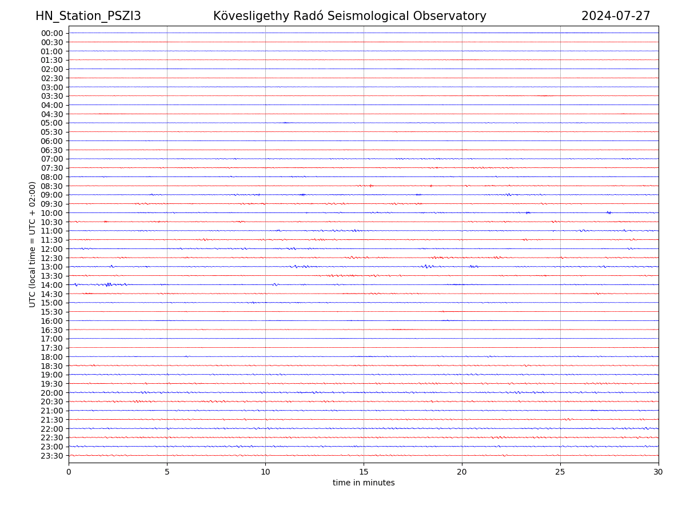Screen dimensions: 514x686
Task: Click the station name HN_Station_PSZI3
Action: (88, 17)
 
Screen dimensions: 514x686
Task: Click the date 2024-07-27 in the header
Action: (616, 17)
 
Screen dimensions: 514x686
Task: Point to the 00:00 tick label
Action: (52, 33)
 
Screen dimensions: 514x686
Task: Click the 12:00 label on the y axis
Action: (52, 249)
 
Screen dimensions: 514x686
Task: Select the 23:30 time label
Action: (52, 456)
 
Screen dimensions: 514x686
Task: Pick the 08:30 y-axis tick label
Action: (52, 186)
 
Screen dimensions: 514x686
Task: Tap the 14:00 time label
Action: (52, 285)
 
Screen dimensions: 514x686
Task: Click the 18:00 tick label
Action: (52, 357)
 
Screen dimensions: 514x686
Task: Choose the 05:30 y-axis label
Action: (52, 132)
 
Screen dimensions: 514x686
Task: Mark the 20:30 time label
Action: (52, 402)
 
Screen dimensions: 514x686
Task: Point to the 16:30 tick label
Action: (52, 330)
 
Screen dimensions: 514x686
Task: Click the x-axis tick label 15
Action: (364, 472)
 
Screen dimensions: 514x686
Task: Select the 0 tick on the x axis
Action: (69, 472)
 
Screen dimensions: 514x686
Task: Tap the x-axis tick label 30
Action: (659, 472)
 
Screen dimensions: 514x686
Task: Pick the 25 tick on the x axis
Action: (560, 472)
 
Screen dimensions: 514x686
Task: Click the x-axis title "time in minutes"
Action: (364, 483)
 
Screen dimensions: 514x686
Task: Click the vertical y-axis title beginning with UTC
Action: (33, 244)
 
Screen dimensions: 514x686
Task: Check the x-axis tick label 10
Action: (265, 472)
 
